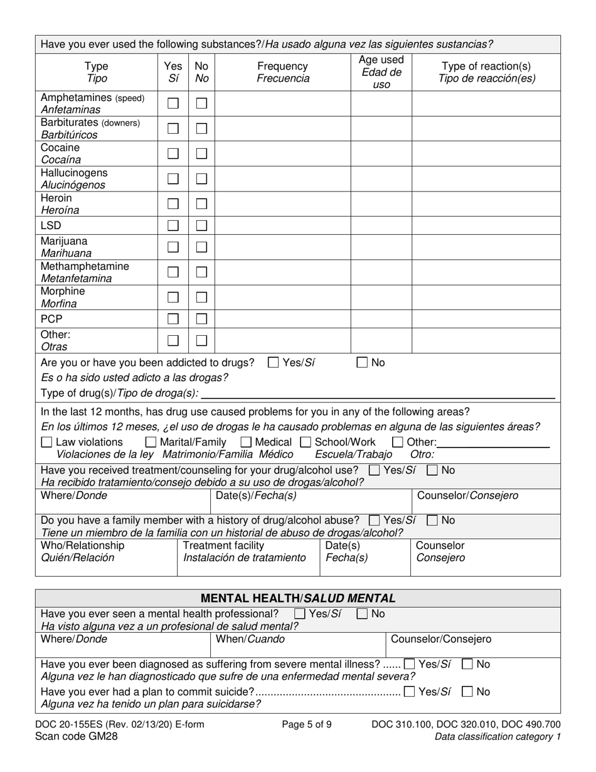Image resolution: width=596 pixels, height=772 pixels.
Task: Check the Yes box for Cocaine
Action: pos(173,153)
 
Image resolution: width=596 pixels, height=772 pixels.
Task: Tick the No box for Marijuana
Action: pos(201,247)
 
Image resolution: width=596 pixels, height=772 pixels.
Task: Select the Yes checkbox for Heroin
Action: pos(173,203)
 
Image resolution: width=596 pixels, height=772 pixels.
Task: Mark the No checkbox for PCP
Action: pos(201,319)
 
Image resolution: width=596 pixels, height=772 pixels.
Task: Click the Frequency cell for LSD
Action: pos(282,225)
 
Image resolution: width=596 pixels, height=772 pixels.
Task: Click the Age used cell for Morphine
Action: pos(380,298)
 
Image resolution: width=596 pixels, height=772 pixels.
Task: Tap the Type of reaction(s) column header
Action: pos(486,72)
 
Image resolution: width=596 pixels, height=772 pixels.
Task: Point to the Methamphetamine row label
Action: pos(85,272)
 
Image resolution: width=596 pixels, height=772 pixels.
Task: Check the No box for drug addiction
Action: pos(363,362)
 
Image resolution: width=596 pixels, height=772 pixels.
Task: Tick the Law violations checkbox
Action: pos(46,442)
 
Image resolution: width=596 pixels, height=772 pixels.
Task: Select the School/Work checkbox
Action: pos(306,442)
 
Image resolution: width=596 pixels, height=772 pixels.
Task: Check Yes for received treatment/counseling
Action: pos(375,469)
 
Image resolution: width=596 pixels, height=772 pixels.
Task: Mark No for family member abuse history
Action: pos(432,520)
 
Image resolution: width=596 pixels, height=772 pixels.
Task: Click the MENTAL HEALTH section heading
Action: pos(297,598)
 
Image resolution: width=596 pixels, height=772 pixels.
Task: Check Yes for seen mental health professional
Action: pos(301,614)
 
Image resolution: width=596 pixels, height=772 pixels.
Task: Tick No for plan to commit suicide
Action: pos(467,692)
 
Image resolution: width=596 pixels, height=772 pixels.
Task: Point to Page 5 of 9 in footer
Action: pos(307,724)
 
